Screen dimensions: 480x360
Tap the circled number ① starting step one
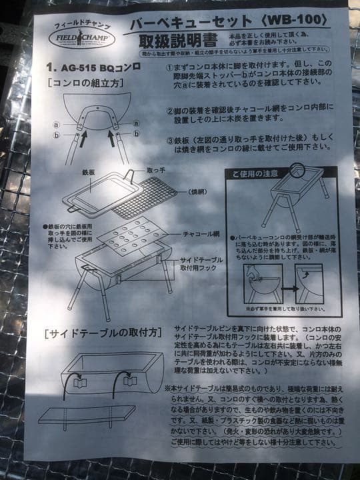coord(170,67)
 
